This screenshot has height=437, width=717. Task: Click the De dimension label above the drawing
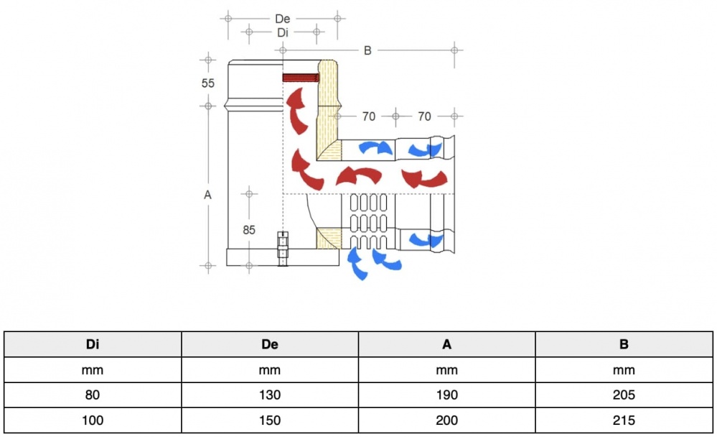click(x=283, y=19)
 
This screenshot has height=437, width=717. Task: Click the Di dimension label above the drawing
click(x=283, y=32)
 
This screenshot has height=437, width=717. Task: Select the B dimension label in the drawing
click(x=367, y=50)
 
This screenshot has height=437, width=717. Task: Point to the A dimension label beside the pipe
click(x=208, y=194)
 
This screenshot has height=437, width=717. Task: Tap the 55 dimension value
click(x=208, y=83)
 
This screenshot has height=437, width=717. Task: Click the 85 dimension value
click(x=249, y=230)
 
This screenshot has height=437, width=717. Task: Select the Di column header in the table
click(x=93, y=344)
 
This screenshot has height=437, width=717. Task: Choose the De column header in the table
click(x=270, y=344)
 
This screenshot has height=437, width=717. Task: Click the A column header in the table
click(x=447, y=344)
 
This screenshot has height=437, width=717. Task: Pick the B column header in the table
click(x=624, y=344)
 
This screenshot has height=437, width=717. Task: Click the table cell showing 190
click(x=447, y=395)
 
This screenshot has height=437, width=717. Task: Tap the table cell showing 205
click(x=624, y=395)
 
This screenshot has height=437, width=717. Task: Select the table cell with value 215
click(x=624, y=420)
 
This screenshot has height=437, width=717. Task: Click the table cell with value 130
click(x=270, y=395)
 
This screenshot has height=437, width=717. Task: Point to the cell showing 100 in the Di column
click(x=93, y=420)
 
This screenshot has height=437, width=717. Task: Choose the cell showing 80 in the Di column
click(x=93, y=395)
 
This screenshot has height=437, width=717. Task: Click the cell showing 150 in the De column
click(x=270, y=420)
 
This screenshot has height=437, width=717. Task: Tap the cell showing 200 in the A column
click(x=447, y=420)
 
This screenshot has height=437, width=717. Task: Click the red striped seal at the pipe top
click(x=301, y=78)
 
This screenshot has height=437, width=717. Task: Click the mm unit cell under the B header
click(x=624, y=370)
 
